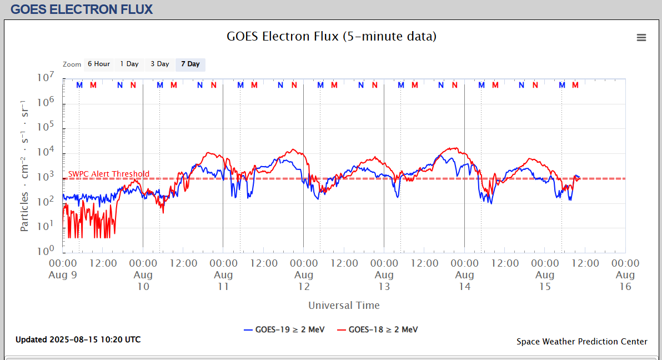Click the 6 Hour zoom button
click(98, 64)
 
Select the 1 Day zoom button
click(129, 64)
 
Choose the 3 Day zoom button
click(160, 64)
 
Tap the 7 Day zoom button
click(190, 64)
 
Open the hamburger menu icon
click(641, 38)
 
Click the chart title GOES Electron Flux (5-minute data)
click(332, 37)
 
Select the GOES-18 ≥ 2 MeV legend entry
click(378, 329)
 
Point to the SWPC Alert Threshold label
click(109, 174)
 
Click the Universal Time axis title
click(344, 305)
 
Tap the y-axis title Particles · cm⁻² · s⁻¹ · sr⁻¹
click(25, 166)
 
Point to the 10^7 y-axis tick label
click(45, 78)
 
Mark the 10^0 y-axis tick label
click(45, 251)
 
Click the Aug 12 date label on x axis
click(304, 281)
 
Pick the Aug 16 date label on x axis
click(625, 281)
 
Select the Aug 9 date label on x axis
click(63, 275)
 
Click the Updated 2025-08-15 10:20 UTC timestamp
click(78, 339)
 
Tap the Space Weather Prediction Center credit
click(582, 342)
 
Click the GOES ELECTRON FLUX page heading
click(82, 9)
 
